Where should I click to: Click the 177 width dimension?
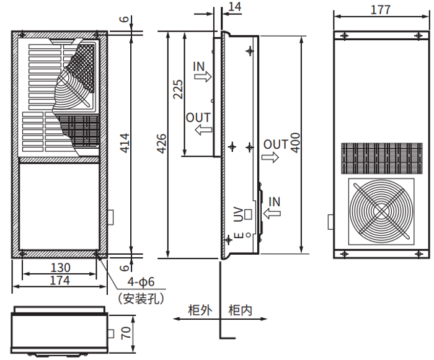pos(380,10)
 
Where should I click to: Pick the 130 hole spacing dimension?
pos(60,268)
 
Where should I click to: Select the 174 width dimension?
pos(60,281)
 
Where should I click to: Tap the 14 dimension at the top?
pos(234,7)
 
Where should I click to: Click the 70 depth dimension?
pos(126,333)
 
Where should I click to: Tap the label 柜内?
pos(241,310)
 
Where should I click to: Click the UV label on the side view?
pos(237,214)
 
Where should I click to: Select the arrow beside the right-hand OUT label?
pos(270,157)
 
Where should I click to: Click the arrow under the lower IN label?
pos(272,214)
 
